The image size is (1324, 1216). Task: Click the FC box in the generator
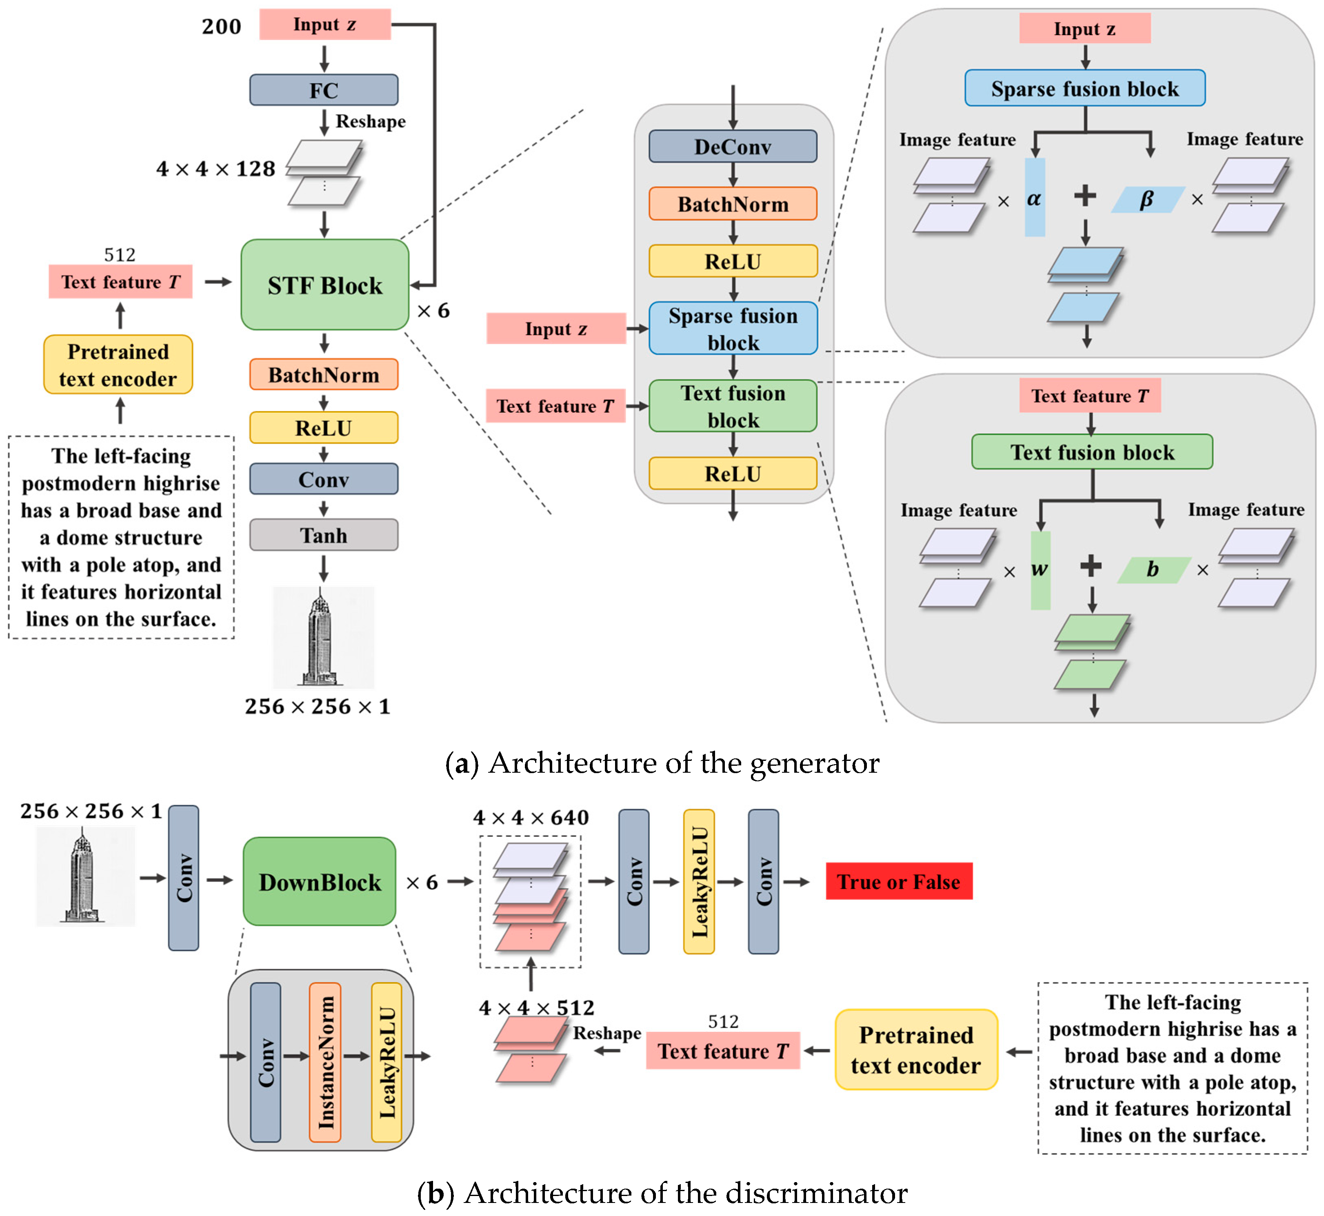coord(323,90)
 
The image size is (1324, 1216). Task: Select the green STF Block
coord(324,285)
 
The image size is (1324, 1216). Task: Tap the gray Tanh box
coord(323,535)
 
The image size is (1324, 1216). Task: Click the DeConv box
coord(733,147)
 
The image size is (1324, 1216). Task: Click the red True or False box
coord(898,881)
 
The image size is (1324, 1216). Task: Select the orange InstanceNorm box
coord(325,1062)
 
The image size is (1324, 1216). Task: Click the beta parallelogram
coord(1146,199)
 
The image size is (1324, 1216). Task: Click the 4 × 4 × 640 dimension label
coord(531,817)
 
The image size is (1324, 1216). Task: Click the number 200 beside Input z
coord(221,26)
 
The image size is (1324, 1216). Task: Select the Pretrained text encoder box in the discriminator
coord(915,1050)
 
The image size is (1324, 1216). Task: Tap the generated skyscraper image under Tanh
coord(323,637)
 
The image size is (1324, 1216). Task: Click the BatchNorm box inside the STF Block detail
coord(733,204)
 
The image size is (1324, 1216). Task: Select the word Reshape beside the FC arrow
coord(371,122)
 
